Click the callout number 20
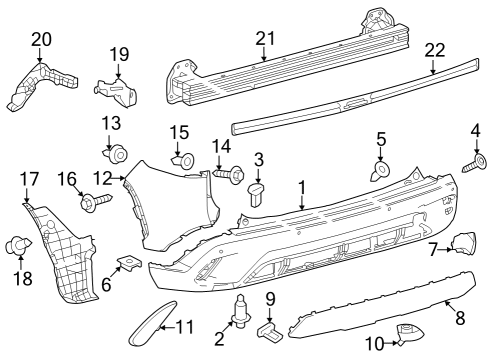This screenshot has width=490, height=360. click(41, 39)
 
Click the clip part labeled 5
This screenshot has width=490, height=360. click(379, 170)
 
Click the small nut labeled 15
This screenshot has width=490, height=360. click(183, 159)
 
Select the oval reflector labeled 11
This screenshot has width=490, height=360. click(146, 327)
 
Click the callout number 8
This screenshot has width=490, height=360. click(461, 319)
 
